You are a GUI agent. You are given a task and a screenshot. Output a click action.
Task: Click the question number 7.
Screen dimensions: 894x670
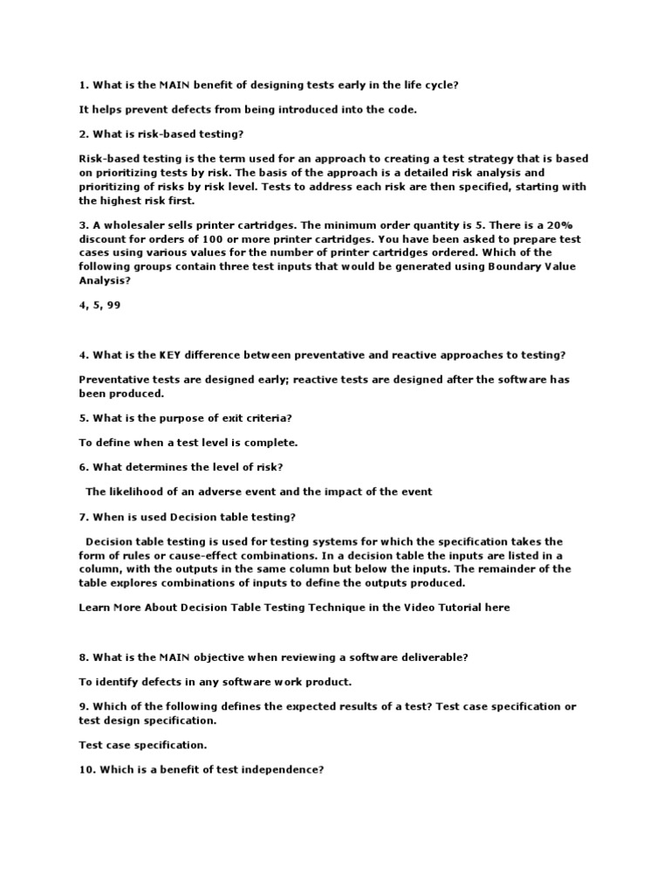pyautogui.click(x=84, y=516)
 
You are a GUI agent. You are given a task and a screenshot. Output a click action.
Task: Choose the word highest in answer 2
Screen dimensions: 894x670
pyautogui.click(x=126, y=201)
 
